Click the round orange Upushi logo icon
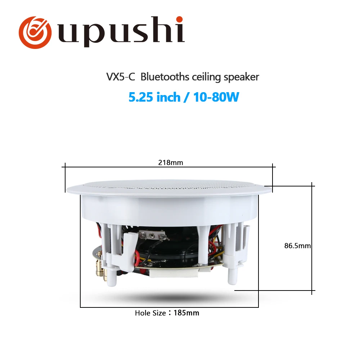tap(35, 32)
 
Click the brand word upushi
tap(121, 31)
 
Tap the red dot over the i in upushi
tap(179, 19)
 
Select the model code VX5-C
tap(121, 77)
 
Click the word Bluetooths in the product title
tap(165, 77)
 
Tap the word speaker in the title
tap(241, 77)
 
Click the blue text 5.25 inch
tap(154, 97)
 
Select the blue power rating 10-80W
tap(216, 97)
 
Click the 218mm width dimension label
tap(171, 163)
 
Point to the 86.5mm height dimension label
tap(298, 246)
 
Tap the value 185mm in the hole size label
tap(186, 313)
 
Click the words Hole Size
tap(150, 313)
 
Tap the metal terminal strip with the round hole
tap(152, 236)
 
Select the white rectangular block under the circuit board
tap(174, 273)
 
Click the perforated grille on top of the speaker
tap(169, 184)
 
